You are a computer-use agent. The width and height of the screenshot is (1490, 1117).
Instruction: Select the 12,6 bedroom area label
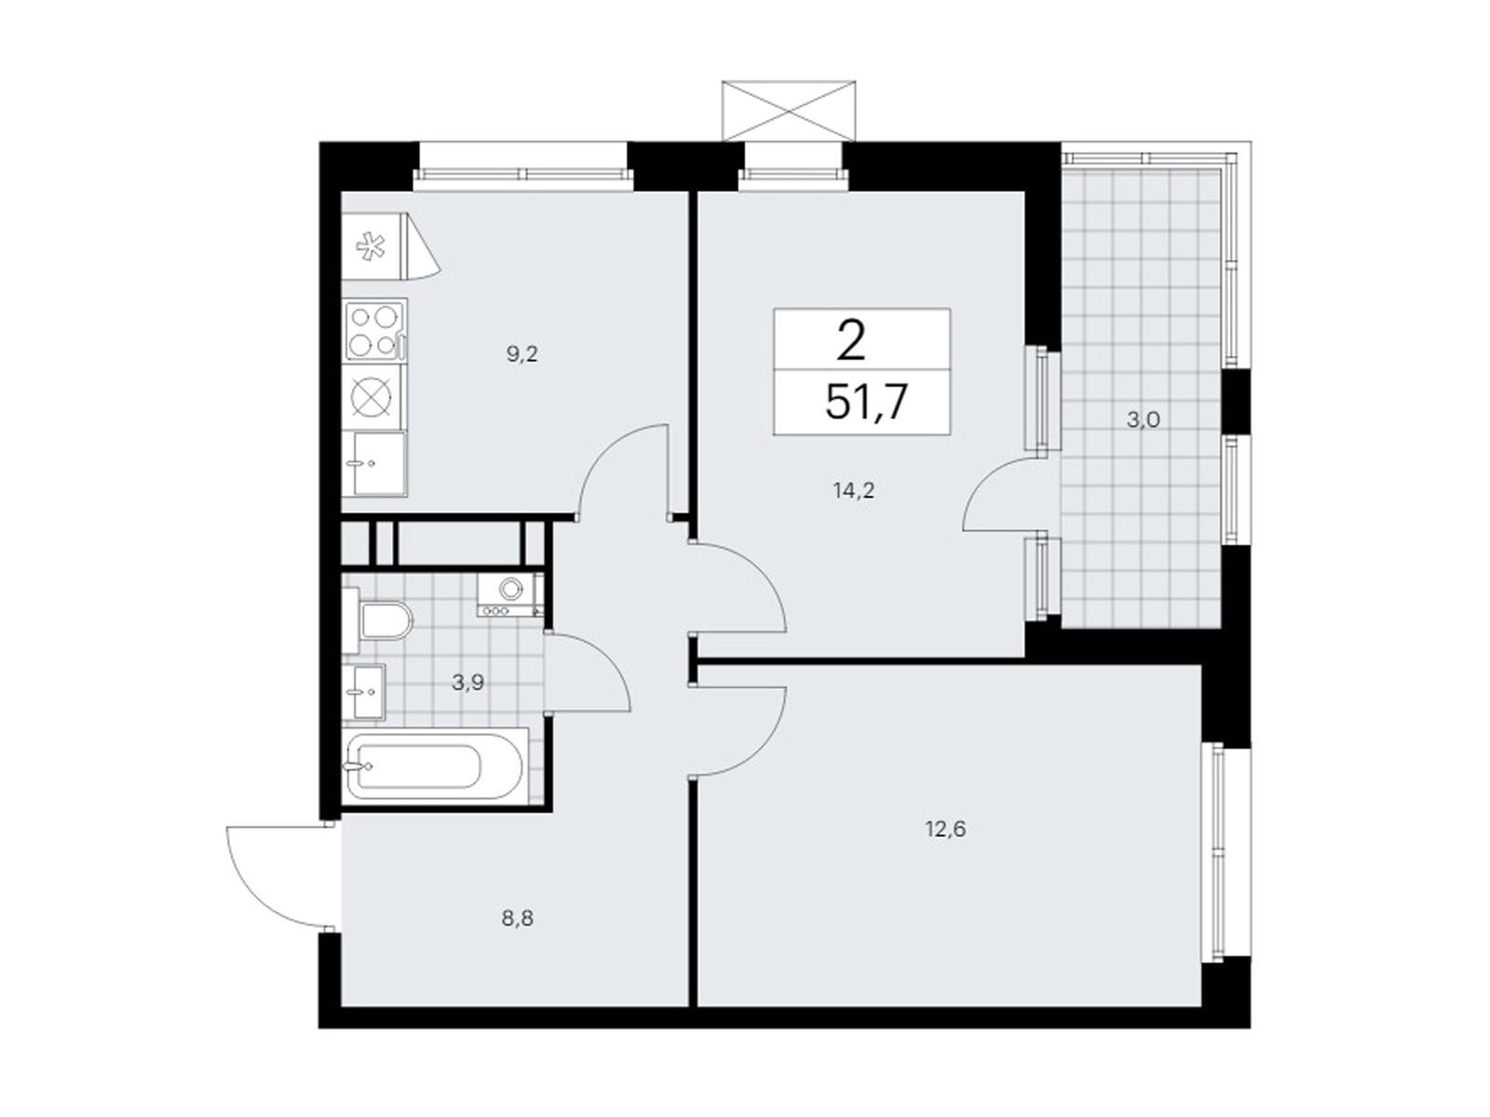(x=947, y=828)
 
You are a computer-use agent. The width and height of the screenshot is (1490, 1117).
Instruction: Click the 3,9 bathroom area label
(x=468, y=681)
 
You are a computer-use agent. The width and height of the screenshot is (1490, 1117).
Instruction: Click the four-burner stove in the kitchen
(x=374, y=330)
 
